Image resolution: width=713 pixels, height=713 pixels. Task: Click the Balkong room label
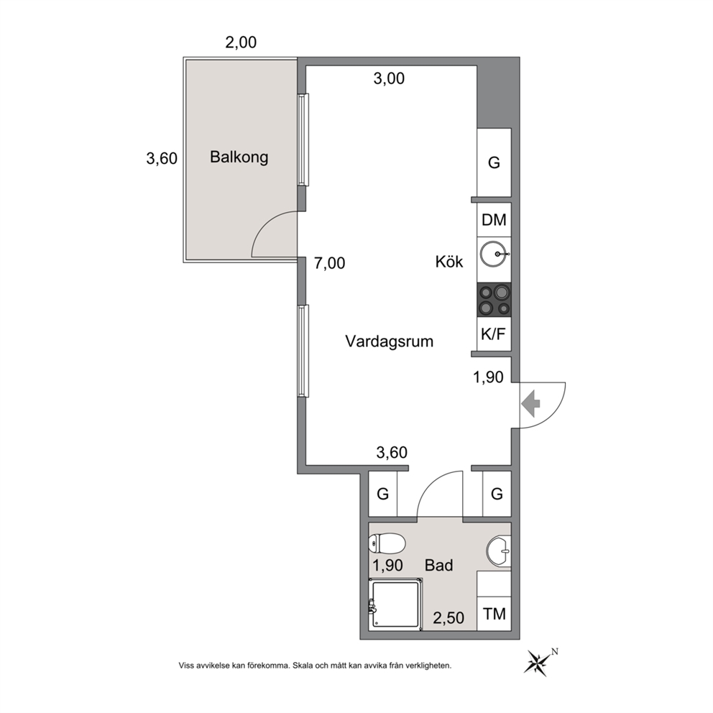(x=239, y=157)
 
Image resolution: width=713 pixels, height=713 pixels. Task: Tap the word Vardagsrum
(x=390, y=341)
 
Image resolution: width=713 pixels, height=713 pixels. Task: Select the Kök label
(x=449, y=262)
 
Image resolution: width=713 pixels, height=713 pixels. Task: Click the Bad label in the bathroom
(x=439, y=565)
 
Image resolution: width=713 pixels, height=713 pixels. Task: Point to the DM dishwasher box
(x=494, y=220)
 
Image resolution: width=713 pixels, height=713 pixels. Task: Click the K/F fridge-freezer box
(x=494, y=334)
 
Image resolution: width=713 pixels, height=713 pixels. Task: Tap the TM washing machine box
(x=494, y=614)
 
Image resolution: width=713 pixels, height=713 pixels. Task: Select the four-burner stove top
(x=494, y=300)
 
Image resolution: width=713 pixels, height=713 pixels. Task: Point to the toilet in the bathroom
(x=387, y=543)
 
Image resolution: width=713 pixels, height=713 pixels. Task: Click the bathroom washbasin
(x=499, y=551)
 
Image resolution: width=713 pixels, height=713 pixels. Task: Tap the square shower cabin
(x=395, y=604)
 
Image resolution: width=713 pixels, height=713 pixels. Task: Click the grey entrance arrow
(x=530, y=404)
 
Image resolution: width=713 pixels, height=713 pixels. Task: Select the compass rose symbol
(x=538, y=663)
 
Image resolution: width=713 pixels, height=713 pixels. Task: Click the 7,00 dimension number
(x=330, y=263)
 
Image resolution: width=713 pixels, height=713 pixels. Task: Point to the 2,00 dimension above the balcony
(x=241, y=42)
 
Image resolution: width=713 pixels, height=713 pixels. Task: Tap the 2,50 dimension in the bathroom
(x=448, y=618)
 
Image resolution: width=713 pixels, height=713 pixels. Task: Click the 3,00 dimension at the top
(x=389, y=78)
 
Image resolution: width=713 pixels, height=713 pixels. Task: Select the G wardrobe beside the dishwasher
(x=494, y=162)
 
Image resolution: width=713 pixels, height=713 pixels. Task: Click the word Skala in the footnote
(x=303, y=666)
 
